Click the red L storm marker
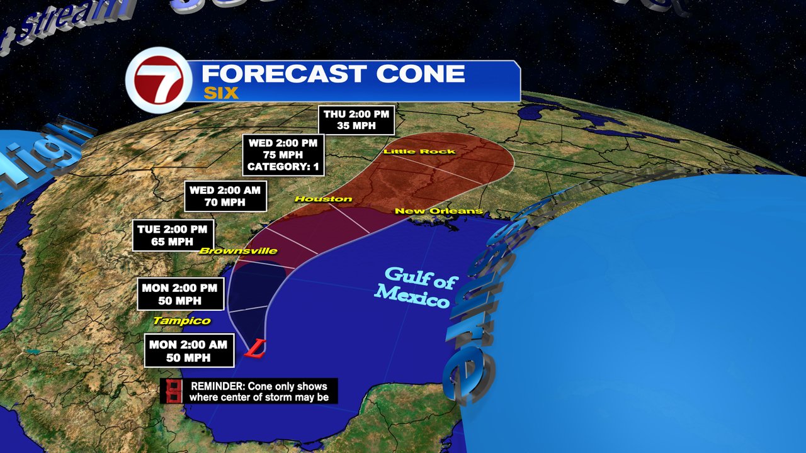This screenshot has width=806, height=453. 256,349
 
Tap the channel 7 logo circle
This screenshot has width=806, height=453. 158,80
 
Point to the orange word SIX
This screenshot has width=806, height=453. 220,93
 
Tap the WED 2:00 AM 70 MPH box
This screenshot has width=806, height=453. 225,196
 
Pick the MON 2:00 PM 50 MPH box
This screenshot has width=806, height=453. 181,294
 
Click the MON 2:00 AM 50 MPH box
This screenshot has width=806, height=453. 190,350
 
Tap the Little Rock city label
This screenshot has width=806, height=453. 419,152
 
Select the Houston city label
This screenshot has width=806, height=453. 324,199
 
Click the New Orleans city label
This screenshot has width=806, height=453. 439,211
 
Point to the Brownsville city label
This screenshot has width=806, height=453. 238,251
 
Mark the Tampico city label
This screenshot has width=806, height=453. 181,321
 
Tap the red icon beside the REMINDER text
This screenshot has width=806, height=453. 171,391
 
